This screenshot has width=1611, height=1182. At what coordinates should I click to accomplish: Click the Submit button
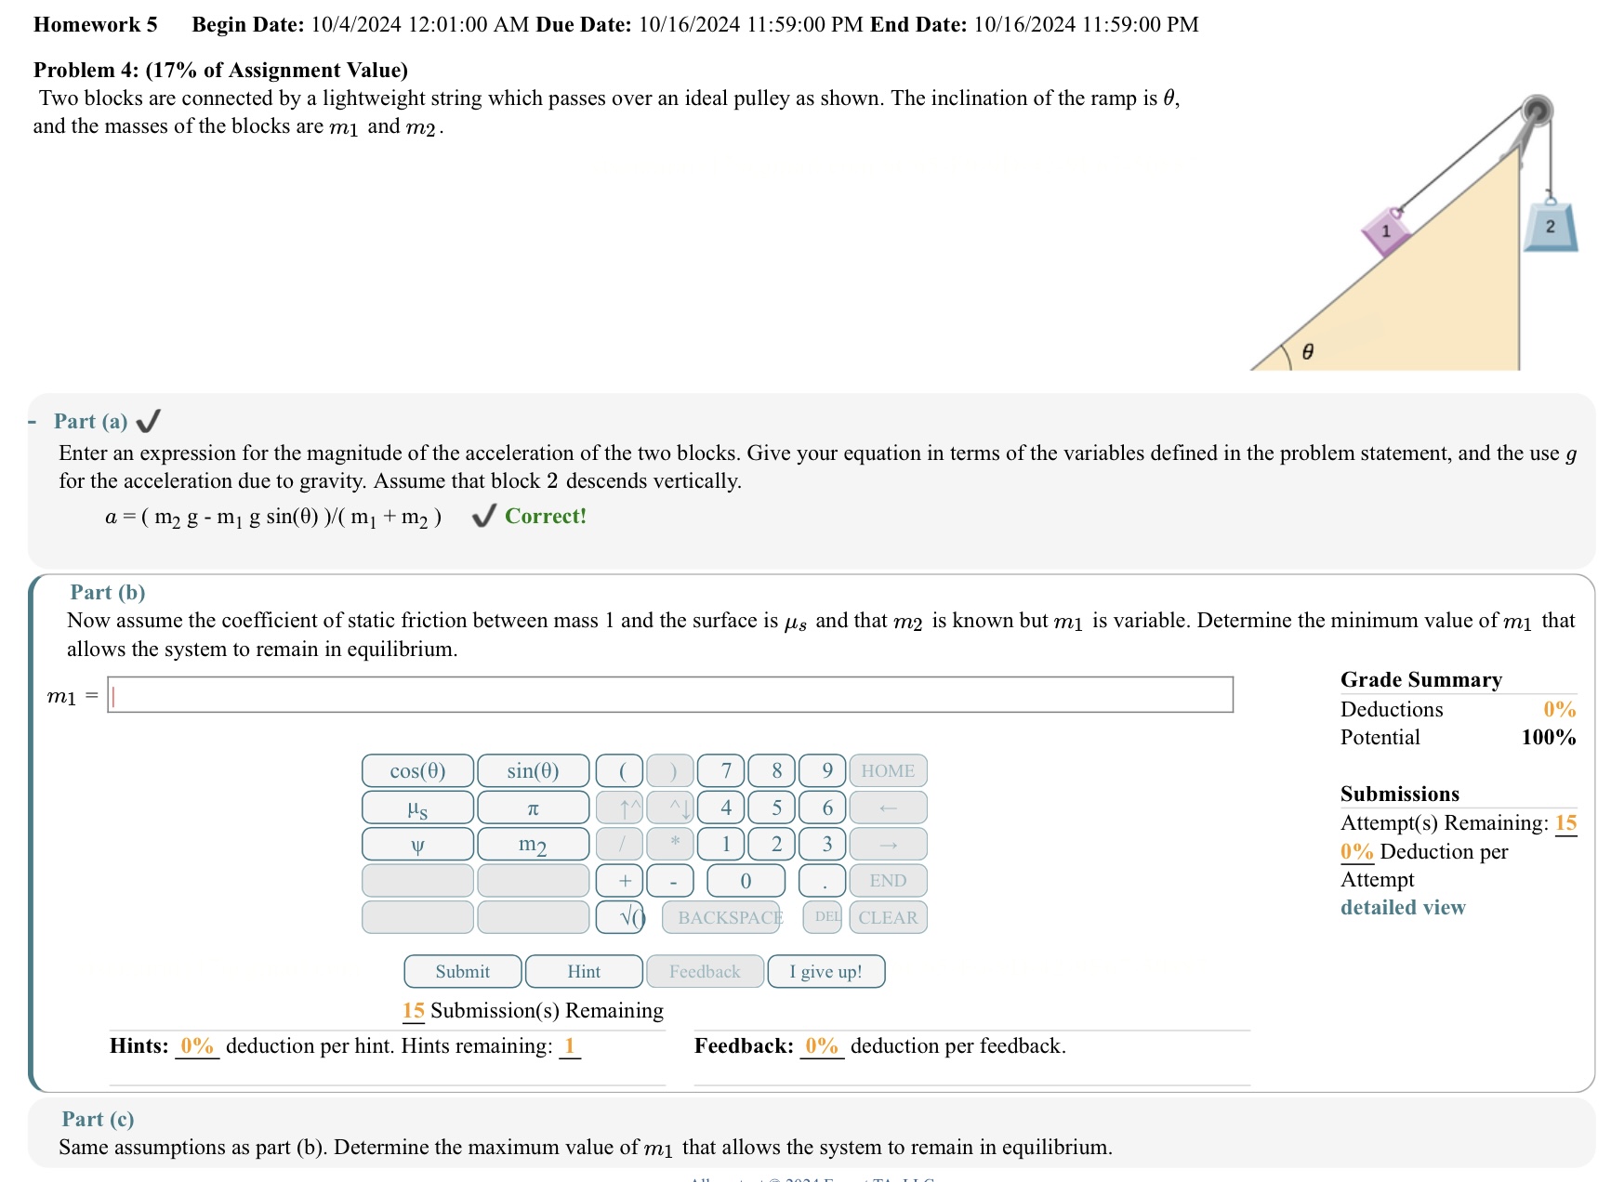(462, 971)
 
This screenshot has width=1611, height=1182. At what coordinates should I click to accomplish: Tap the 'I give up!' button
(825, 971)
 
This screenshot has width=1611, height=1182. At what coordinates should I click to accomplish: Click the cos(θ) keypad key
(417, 770)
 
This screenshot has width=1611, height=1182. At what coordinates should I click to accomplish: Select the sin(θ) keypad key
(533, 770)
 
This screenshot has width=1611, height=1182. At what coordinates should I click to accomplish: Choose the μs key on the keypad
(417, 808)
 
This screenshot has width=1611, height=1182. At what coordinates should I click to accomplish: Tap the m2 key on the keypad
(533, 844)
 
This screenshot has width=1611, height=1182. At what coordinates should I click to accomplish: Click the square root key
(620, 917)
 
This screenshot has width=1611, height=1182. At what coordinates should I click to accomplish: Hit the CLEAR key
(888, 917)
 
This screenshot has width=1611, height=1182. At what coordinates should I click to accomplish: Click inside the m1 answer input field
(669, 695)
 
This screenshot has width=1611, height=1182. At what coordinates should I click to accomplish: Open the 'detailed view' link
(1402, 907)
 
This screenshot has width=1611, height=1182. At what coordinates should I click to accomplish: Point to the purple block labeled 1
(1385, 230)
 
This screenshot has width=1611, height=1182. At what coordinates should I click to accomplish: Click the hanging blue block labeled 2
(1550, 227)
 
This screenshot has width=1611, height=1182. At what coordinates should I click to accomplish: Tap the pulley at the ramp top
(1537, 111)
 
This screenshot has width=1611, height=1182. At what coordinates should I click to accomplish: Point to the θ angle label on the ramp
(1307, 351)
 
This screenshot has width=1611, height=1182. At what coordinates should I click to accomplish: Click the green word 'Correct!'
(545, 516)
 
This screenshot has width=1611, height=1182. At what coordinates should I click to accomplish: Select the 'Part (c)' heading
(98, 1119)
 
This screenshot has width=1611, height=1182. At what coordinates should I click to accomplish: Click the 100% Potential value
(1548, 737)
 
